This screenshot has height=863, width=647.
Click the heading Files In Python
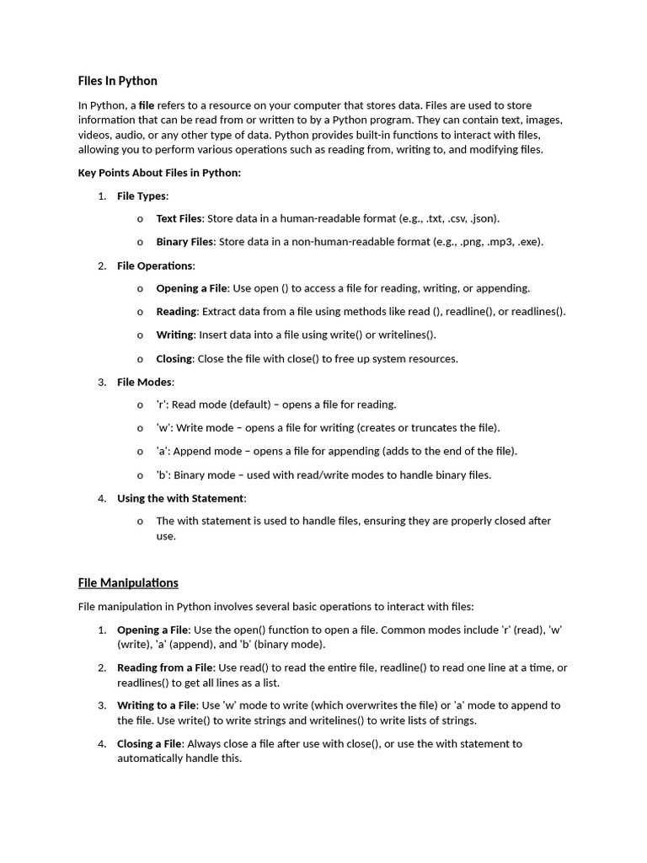117,81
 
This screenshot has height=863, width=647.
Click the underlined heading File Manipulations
128,582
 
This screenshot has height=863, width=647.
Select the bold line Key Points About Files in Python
159,173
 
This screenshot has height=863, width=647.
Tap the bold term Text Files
179,218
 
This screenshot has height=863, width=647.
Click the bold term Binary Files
184,242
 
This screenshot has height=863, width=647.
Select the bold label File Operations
155,265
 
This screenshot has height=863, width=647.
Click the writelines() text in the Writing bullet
407,335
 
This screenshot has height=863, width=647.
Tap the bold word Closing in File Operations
174,358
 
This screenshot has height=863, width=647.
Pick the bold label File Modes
145,382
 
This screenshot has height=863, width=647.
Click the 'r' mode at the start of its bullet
161,405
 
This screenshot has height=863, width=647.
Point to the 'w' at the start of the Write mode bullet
163,427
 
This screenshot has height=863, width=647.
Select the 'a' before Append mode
162,451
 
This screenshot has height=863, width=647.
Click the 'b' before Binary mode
162,474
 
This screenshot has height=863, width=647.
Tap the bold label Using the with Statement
180,498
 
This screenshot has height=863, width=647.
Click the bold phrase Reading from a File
165,667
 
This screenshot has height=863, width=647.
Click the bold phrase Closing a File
149,743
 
